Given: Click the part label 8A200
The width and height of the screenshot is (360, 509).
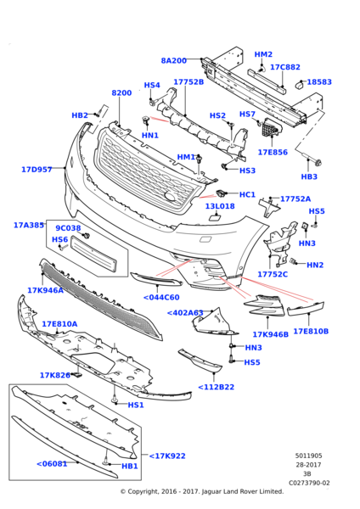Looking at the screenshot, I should [173, 60].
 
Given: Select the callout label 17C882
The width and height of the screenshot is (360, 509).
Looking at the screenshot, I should [284, 67].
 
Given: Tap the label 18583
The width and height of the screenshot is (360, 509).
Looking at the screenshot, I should [319, 82].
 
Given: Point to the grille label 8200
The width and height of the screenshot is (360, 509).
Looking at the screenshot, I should [121, 92].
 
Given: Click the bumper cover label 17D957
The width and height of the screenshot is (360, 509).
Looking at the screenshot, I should [37, 170].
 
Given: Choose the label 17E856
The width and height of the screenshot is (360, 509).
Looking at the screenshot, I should [273, 153].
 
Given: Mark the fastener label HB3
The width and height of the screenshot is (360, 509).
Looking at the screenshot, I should [309, 176].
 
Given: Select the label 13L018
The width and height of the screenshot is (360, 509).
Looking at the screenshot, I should [219, 206].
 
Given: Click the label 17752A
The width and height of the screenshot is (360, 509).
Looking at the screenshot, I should [295, 199].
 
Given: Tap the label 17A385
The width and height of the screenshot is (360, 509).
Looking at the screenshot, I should [29, 226].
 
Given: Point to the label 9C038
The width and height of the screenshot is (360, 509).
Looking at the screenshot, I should [68, 228].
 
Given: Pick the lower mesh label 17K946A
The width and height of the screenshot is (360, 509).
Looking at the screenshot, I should [45, 290].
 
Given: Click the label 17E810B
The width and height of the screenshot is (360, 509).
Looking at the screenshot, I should [311, 331].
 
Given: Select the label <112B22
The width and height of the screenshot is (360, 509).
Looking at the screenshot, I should [216, 388].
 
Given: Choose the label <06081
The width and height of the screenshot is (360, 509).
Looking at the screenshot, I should [52, 463].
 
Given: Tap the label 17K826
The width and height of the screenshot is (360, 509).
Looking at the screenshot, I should [55, 375].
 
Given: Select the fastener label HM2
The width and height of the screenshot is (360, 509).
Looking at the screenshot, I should [263, 54].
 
